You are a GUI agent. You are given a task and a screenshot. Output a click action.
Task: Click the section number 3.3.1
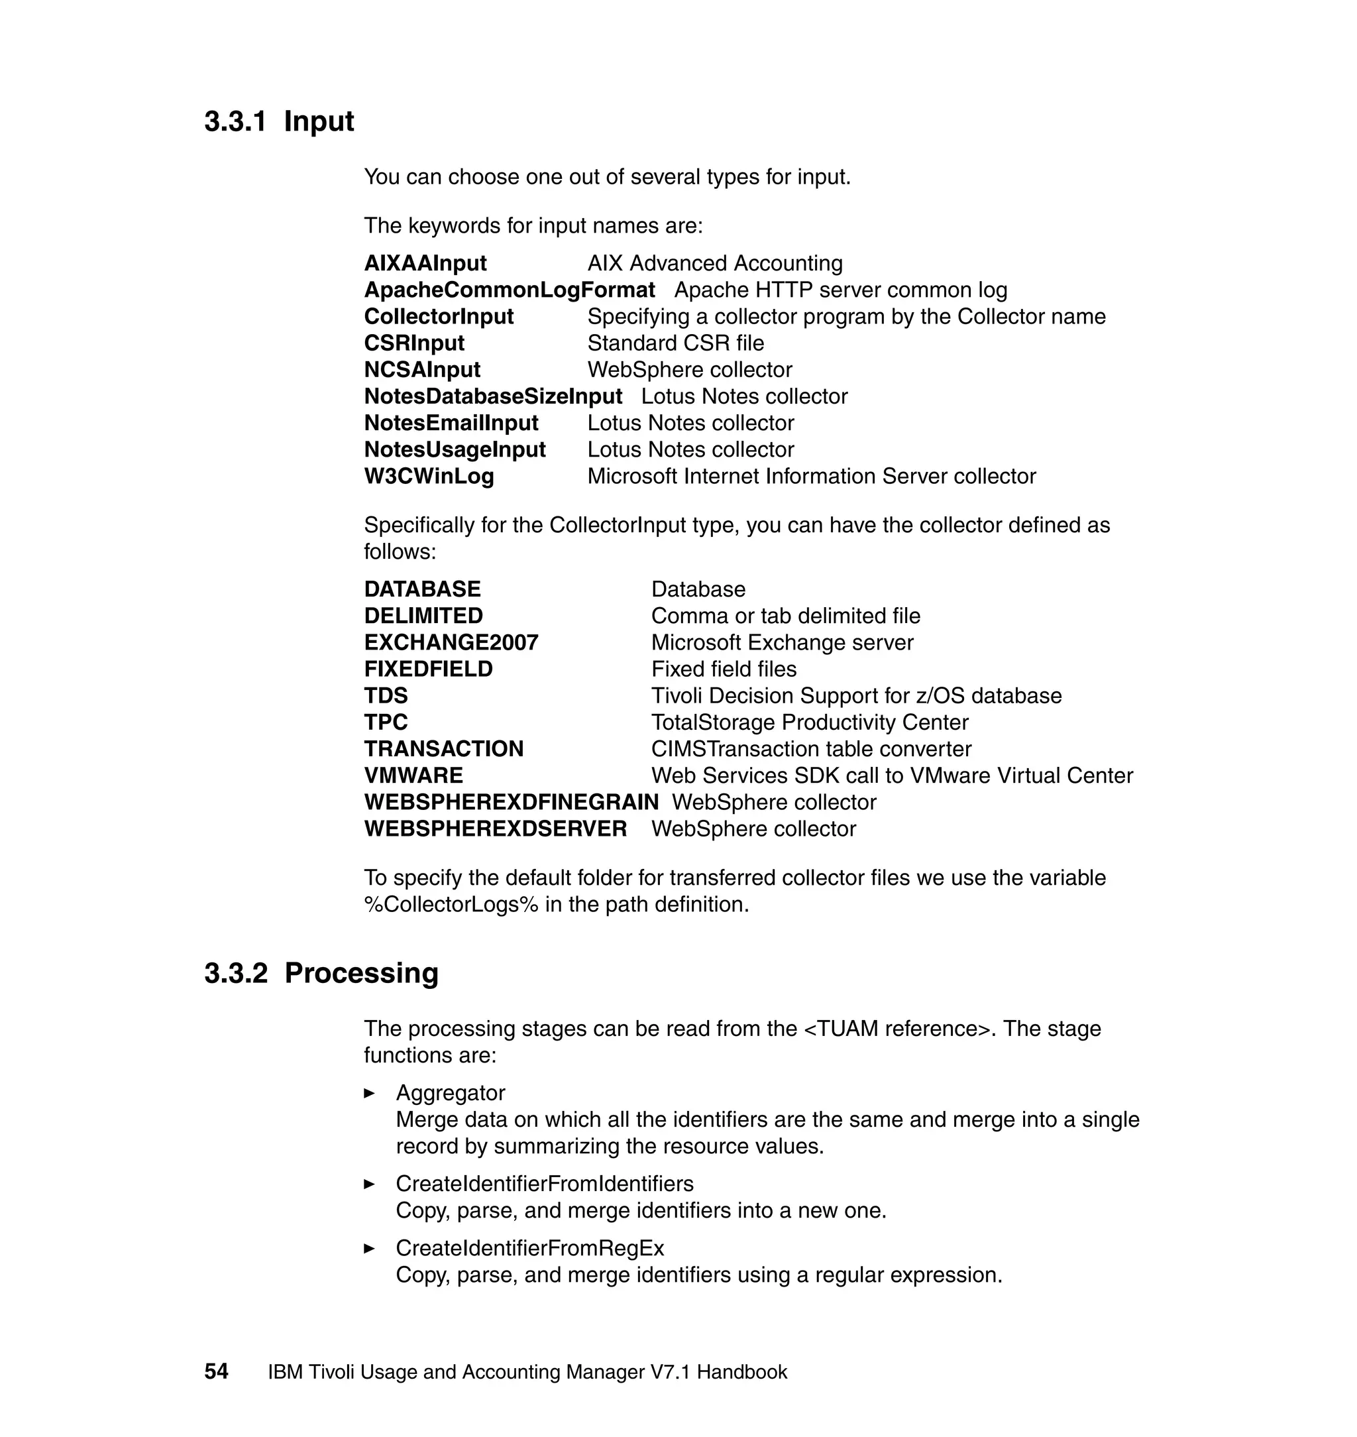pos(235,121)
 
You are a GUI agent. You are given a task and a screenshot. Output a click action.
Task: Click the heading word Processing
pos(361,973)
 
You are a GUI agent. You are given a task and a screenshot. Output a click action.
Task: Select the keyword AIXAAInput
pos(425,263)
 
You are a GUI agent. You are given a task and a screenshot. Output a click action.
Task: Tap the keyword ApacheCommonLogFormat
pos(510,290)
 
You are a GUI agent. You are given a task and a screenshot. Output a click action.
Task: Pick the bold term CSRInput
pos(413,343)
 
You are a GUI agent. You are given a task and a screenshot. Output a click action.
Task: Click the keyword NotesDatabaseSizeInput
pos(492,396)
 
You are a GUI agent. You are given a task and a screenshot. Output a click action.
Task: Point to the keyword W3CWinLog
pos(429,476)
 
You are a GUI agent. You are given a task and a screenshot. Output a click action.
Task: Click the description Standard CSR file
pos(675,343)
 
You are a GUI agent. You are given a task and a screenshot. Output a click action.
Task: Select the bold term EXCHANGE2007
pos(451,642)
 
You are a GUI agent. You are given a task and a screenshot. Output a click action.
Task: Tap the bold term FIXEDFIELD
pos(428,669)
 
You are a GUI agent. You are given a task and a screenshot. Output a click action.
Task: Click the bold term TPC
pos(386,722)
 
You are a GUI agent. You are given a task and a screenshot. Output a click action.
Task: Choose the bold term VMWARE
pos(413,776)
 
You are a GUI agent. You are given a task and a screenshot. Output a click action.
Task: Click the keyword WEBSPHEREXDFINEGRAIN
pos(511,803)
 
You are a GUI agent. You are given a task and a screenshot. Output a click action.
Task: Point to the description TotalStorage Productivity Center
pos(809,722)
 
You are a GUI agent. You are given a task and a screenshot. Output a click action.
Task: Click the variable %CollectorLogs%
pos(451,905)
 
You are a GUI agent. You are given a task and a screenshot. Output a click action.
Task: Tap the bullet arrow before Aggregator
pos(369,1093)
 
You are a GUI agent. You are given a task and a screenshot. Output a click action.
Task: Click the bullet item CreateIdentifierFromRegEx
pos(529,1248)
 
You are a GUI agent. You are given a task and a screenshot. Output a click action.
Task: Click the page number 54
pos(216,1371)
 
